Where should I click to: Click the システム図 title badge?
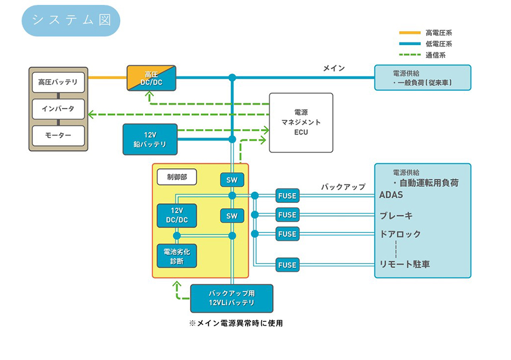pyautogui.click(x=71, y=20)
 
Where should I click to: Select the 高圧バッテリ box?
pyautogui.click(x=58, y=82)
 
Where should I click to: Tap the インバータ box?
pyautogui.click(x=58, y=109)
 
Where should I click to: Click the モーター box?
pyautogui.click(x=58, y=136)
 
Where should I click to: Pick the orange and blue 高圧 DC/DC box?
pyautogui.click(x=151, y=78)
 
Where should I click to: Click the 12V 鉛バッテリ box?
pyautogui.click(x=150, y=139)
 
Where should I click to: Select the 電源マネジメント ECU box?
pyautogui.click(x=301, y=123)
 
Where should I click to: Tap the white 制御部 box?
pyautogui.click(x=177, y=177)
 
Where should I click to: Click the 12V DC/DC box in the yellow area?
pyautogui.click(x=177, y=215)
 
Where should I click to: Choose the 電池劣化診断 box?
pyautogui.click(x=177, y=256)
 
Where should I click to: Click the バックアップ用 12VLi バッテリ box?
pyautogui.click(x=232, y=299)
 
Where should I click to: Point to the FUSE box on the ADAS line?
pyautogui.click(x=287, y=196)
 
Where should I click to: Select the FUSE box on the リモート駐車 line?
pyautogui.click(x=287, y=265)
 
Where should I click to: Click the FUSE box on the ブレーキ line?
pyautogui.click(x=287, y=215)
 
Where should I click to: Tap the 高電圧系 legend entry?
pyautogui.click(x=425, y=33)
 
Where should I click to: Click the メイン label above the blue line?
pyautogui.click(x=334, y=68)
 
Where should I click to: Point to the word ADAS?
pyautogui.click(x=391, y=195)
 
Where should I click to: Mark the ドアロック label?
pyautogui.click(x=401, y=234)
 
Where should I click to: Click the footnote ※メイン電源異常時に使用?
pyautogui.click(x=236, y=323)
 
